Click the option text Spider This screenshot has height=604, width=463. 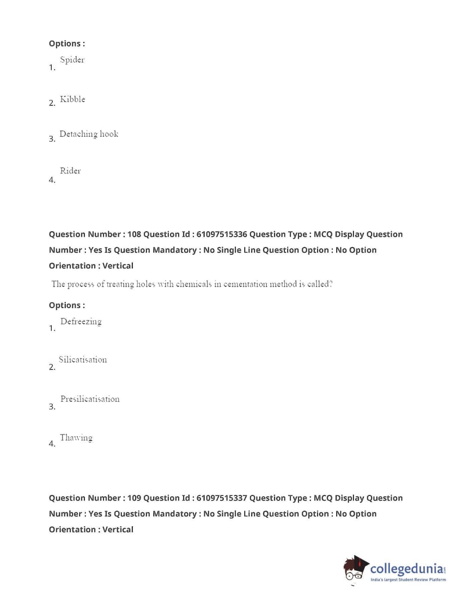pyautogui.click(x=72, y=60)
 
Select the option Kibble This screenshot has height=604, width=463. pyautogui.click(x=72, y=99)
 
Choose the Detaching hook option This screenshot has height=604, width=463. pyautogui.click(x=89, y=134)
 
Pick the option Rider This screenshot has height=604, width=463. pyautogui.click(x=70, y=171)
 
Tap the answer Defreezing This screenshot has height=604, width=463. pyautogui.click(x=81, y=322)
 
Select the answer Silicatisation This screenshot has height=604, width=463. pyautogui.click(x=83, y=360)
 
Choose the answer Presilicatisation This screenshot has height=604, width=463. pyautogui.click(x=90, y=399)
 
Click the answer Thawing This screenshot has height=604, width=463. pyautogui.click(x=76, y=438)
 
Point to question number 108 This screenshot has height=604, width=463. pyautogui.click(x=134, y=234)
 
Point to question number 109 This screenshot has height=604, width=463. pyautogui.click(x=134, y=498)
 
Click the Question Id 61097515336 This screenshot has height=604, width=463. pyautogui.click(x=221, y=234)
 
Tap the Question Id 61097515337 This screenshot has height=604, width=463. pyautogui.click(x=221, y=498)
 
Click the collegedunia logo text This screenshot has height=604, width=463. pyautogui.click(x=407, y=569)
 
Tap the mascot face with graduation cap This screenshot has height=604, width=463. pyautogui.click(x=355, y=569)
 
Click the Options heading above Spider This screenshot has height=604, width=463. pyautogui.click(x=67, y=44)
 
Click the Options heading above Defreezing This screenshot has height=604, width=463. pyautogui.click(x=67, y=306)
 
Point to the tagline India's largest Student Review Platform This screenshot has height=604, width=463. pyautogui.click(x=408, y=580)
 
